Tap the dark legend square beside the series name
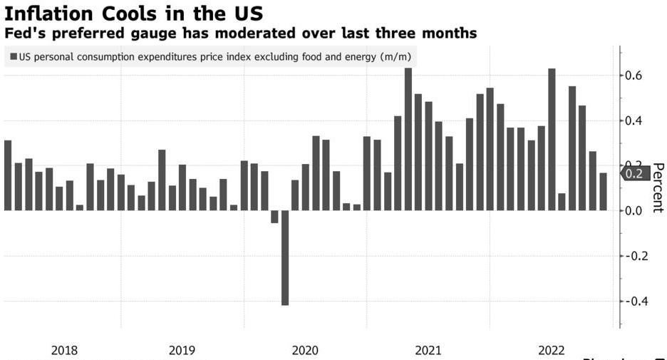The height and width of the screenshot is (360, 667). coord(14,57)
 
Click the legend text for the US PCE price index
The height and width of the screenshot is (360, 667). coord(214,57)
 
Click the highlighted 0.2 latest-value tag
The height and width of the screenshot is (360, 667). coord(633,173)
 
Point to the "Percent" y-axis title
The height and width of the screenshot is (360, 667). coord(657,187)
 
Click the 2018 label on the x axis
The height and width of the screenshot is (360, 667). coord(65,350)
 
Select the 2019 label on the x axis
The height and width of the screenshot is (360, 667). coord(182,350)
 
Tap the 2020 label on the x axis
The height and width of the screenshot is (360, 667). coord(306,350)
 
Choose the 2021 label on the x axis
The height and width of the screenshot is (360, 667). coord(428,350)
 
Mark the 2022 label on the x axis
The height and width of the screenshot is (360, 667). coord(552,350)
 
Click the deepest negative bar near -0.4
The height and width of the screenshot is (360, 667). coord(285,257)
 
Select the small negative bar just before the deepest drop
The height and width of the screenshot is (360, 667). coord(275,217)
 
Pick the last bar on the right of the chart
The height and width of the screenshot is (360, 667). coord(603,192)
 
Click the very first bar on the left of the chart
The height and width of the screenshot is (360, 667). coord(8,175)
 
